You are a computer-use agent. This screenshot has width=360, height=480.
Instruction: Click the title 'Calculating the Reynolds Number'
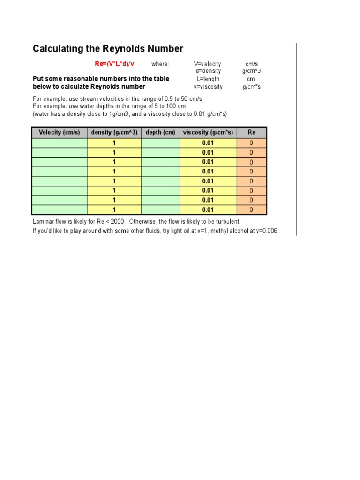[108, 49]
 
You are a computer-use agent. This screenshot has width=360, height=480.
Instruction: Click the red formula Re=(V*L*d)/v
[114, 64]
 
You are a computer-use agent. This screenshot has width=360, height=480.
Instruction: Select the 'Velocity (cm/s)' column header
[60, 132]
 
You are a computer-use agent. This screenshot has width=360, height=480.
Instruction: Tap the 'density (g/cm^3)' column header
[114, 132]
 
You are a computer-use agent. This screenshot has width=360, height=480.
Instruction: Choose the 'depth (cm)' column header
[160, 132]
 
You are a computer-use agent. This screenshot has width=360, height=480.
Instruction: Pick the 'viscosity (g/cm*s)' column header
[208, 132]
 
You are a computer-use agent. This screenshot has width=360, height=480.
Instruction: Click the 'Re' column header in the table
[252, 132]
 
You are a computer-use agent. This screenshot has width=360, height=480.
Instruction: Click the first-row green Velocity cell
[60, 143]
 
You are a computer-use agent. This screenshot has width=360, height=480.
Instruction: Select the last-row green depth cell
[160, 210]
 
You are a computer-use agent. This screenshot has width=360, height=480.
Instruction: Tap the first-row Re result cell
[252, 143]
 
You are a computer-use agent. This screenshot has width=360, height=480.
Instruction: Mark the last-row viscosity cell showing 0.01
[208, 210]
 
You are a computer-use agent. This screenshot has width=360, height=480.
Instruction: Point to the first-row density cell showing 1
[114, 143]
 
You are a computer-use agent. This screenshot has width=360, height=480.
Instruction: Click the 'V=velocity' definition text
[208, 64]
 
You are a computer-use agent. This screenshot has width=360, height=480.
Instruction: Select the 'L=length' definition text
[208, 79]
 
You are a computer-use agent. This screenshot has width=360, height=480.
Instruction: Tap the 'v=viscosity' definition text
[208, 87]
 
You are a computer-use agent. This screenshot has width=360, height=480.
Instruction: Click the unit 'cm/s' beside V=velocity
[252, 64]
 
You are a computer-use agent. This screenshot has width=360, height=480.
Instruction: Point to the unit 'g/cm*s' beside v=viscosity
[252, 87]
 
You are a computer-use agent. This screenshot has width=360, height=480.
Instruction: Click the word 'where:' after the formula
[160, 64]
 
